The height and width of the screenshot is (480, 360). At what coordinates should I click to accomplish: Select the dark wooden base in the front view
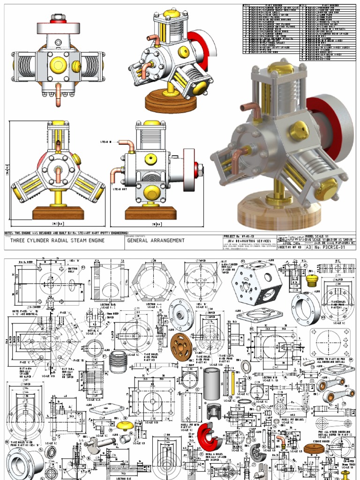[x=58, y=214]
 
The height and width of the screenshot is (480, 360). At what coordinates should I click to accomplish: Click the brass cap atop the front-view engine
[x=58, y=123]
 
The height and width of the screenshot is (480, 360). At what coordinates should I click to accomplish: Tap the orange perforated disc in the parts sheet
[x=181, y=346]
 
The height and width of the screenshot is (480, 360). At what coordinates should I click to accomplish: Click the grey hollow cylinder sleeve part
[x=212, y=383]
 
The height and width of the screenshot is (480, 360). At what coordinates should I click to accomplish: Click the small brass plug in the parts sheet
[x=311, y=280]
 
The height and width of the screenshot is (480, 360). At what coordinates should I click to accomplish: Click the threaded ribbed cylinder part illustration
[x=118, y=362]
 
